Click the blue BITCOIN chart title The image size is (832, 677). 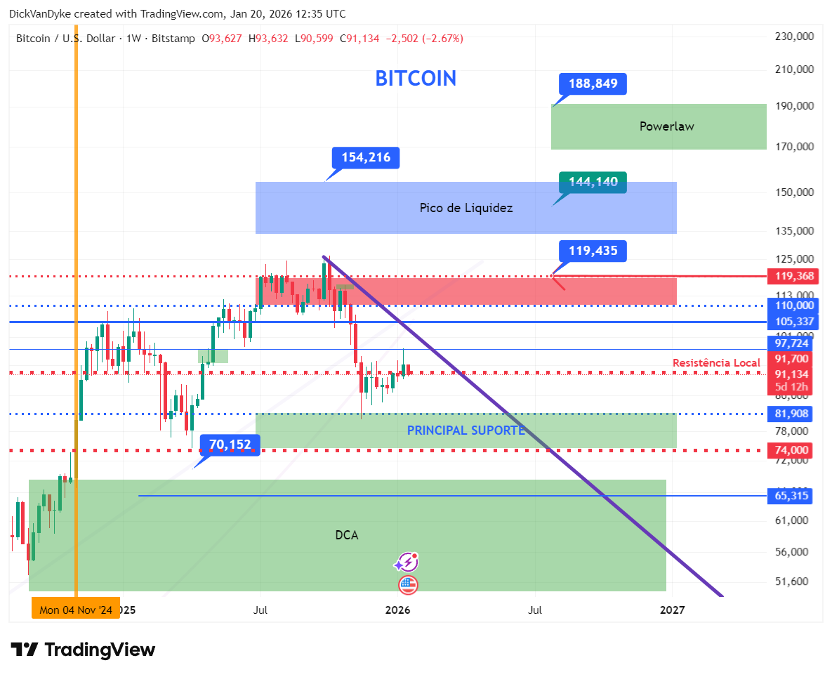[416, 78]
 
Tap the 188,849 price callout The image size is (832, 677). [593, 84]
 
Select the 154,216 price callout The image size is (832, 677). [366, 158]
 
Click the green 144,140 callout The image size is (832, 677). [593, 183]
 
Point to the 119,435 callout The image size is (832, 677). [593, 251]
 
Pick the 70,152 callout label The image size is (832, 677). [230, 445]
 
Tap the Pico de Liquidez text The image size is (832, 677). [466, 208]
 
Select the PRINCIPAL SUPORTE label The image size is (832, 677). [465, 430]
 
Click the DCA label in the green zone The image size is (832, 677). [347, 535]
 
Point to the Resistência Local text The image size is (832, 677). [716, 362]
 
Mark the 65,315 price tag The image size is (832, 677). [791, 496]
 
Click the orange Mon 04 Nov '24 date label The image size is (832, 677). [76, 610]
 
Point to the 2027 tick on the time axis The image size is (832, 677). [673, 610]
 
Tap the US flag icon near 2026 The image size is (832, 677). [408, 584]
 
